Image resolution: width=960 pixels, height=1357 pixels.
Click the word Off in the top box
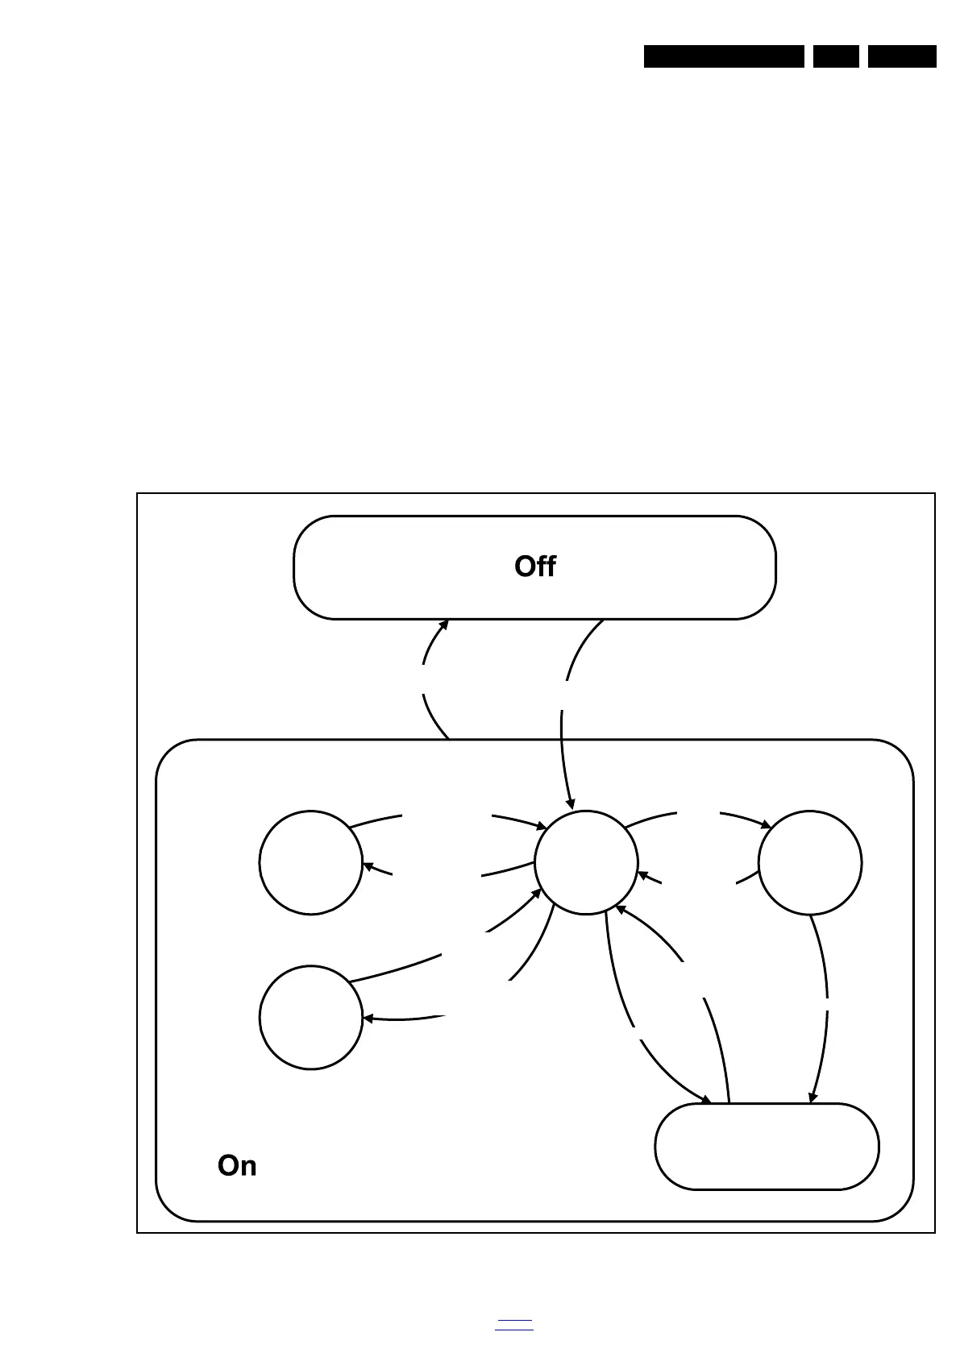tap(534, 566)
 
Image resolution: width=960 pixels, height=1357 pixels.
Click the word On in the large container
tap(237, 1165)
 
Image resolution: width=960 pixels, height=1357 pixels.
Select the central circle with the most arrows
tap(586, 862)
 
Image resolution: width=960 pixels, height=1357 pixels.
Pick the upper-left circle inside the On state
tap(311, 862)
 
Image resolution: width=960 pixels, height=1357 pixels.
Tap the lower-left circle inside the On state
tap(311, 1017)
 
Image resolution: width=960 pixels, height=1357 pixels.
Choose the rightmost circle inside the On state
tap(810, 862)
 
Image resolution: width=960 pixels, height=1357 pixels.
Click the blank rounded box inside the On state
tap(767, 1146)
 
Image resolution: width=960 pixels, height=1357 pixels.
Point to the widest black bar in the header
tap(724, 56)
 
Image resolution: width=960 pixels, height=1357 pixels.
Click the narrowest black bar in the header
tap(836, 56)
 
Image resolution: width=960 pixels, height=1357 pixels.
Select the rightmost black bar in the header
tap(902, 56)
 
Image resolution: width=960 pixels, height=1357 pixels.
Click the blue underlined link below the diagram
tap(514, 1324)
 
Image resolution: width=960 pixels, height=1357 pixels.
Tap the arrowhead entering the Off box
tap(444, 625)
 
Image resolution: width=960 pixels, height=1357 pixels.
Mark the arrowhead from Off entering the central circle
tap(571, 803)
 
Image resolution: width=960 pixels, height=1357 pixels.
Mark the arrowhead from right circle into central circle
tap(642, 874)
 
